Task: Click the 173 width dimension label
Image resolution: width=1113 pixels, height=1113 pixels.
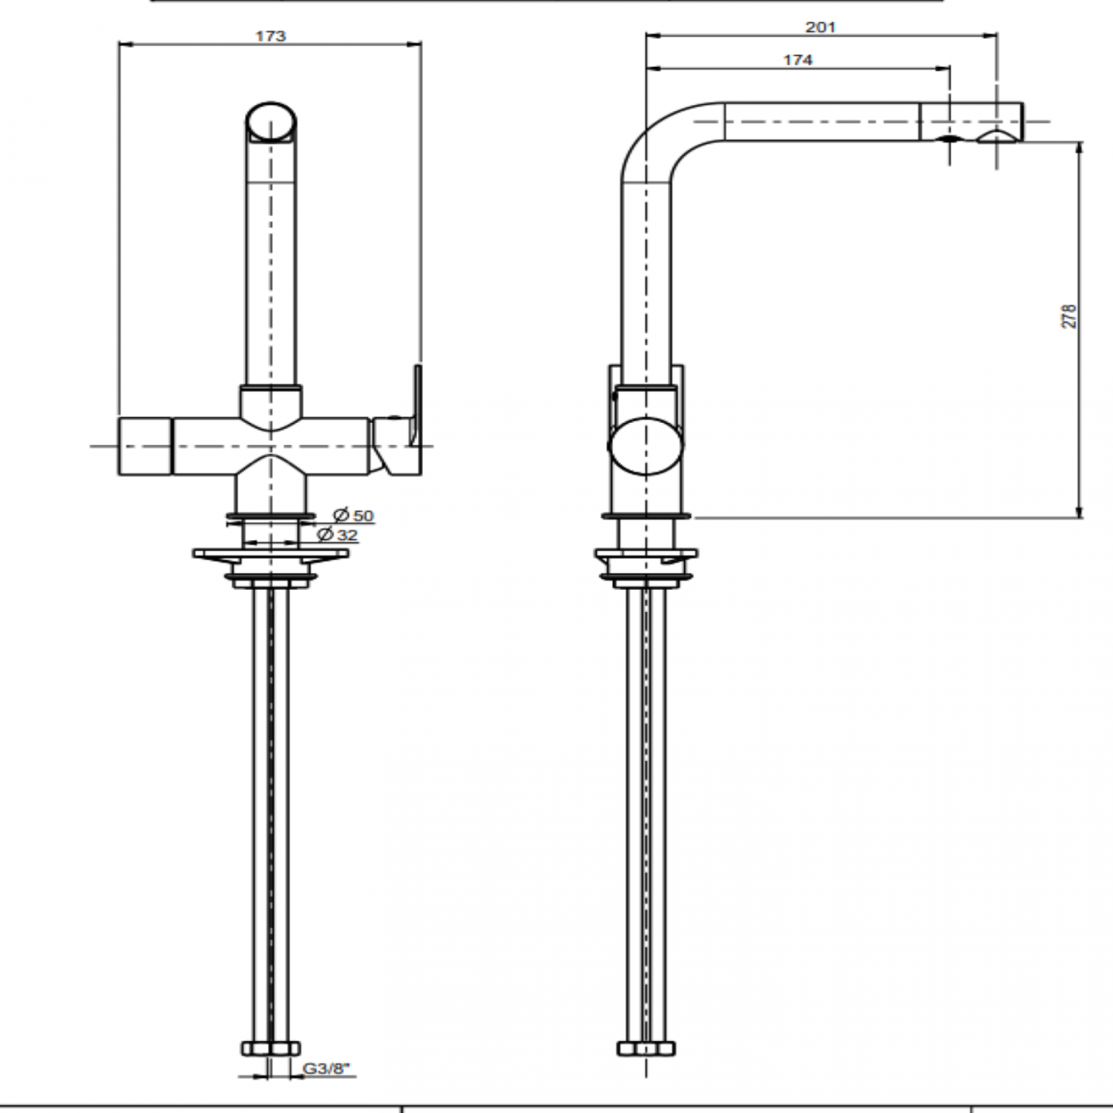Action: coord(271,36)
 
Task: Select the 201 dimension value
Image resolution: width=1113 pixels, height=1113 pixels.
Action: coord(819,27)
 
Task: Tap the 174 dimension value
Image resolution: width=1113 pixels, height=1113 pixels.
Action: coord(797,60)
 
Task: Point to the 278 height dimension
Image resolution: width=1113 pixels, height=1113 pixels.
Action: coord(1068,316)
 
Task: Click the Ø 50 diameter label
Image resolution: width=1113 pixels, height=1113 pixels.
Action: coord(354,515)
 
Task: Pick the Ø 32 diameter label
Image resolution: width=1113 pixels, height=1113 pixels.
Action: coord(337,535)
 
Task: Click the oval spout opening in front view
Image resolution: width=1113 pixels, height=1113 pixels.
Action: coord(271,122)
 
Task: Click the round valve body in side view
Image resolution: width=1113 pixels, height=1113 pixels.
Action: coord(646,447)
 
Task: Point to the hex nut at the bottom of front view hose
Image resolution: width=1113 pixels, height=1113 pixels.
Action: coord(271,1048)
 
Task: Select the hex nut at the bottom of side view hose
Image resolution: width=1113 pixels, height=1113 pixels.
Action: coord(646,1048)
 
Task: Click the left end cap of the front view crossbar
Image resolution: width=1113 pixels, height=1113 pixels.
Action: coord(146,446)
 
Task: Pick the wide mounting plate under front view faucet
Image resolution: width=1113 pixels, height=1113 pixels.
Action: coord(271,555)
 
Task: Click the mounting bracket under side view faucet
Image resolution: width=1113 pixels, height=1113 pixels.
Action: coord(646,561)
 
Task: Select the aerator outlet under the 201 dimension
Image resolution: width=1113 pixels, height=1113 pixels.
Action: coord(995,138)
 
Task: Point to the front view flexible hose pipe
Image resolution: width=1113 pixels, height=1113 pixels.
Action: coord(271,813)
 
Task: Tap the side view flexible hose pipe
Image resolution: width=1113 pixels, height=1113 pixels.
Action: coord(646,813)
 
